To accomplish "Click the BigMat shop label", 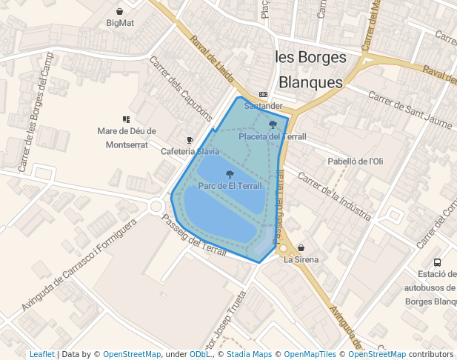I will tap(120, 23).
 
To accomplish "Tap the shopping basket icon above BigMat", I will tap(120, 11).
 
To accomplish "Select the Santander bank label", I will tap(263, 106).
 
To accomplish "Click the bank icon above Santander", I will tap(263, 95).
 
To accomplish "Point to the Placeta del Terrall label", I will tap(273, 136).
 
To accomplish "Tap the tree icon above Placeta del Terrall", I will tap(273, 125).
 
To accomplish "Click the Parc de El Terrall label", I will tap(230, 186).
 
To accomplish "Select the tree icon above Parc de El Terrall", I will tap(230, 175).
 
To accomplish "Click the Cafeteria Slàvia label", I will tap(190, 151).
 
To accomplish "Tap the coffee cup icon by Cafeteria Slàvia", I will tap(190, 140).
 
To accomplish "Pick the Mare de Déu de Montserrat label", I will tap(127, 138).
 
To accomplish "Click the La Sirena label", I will tap(301, 259).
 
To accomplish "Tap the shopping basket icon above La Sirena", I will tap(301, 247).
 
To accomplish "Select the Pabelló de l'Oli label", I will tap(356, 161).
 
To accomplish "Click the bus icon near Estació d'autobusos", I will tap(437, 262).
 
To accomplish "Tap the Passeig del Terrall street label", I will tap(193, 236).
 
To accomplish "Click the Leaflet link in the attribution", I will tap(41, 354).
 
